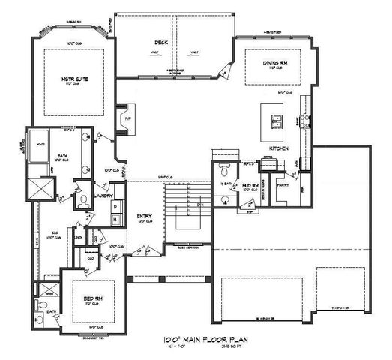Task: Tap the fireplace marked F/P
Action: click(x=128, y=119)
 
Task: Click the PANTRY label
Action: click(x=283, y=184)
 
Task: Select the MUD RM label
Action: click(x=250, y=184)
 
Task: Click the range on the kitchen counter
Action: click(x=304, y=120)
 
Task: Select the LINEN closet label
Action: click(x=79, y=238)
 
